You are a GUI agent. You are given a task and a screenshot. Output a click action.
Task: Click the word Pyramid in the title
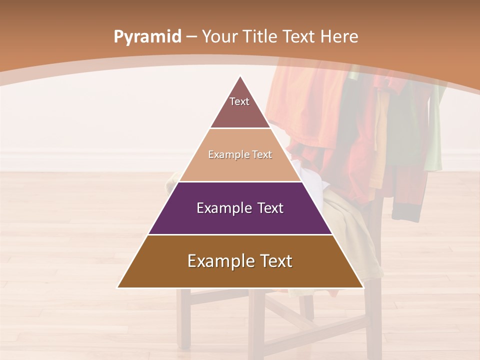click(147, 37)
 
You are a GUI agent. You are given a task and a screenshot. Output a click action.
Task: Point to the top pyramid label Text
click(239, 101)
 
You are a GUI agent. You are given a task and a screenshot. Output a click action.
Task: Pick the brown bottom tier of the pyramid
click(240, 275)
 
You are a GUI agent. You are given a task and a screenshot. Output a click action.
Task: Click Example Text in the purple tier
click(240, 208)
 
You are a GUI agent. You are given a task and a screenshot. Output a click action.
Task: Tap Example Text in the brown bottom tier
click(240, 261)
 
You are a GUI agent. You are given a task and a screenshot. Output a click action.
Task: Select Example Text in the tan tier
click(240, 154)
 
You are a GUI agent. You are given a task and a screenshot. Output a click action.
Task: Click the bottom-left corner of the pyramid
click(118, 287)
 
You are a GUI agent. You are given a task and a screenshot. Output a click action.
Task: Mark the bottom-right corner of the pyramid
click(362, 287)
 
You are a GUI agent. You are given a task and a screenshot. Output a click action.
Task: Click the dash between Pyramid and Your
click(191, 37)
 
